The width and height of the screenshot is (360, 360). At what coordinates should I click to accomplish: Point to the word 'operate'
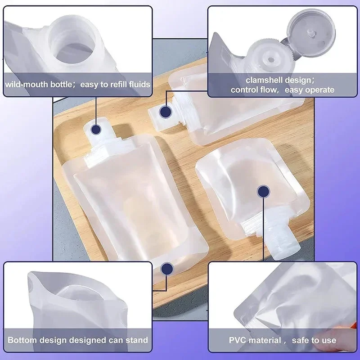[320, 90]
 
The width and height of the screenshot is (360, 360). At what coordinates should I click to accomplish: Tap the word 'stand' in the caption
[137, 340]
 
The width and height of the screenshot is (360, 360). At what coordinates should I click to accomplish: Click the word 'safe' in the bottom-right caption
[300, 340]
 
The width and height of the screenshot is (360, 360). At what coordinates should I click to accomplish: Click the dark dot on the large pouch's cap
[96, 130]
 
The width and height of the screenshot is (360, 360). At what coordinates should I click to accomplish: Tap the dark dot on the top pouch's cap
[166, 112]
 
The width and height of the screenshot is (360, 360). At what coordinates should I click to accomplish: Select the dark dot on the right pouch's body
[263, 192]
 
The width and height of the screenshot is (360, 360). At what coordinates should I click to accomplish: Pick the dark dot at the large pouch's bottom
[167, 269]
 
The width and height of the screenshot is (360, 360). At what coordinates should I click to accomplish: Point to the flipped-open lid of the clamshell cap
[311, 32]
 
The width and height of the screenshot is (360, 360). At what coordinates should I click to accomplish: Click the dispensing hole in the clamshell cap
[271, 60]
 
